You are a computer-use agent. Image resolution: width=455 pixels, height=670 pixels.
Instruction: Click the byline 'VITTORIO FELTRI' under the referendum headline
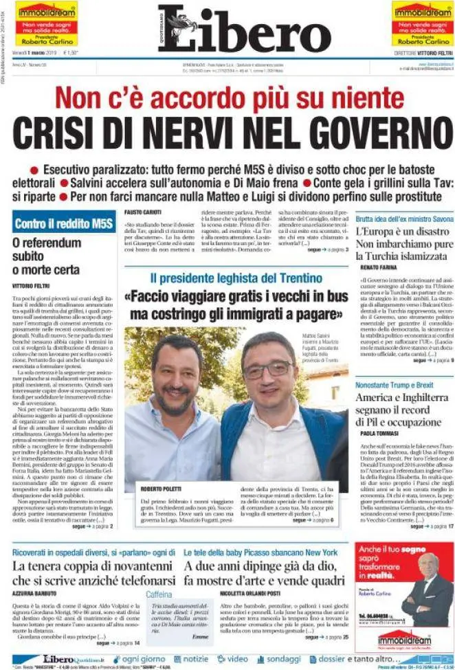(32, 284)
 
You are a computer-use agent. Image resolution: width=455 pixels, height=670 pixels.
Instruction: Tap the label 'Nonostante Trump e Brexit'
(395, 385)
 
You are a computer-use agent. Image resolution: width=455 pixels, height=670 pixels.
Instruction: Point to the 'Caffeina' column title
(159, 593)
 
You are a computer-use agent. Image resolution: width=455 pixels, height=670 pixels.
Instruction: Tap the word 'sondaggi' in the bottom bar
(283, 658)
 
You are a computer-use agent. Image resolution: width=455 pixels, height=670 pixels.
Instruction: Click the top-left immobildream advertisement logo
(46, 12)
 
